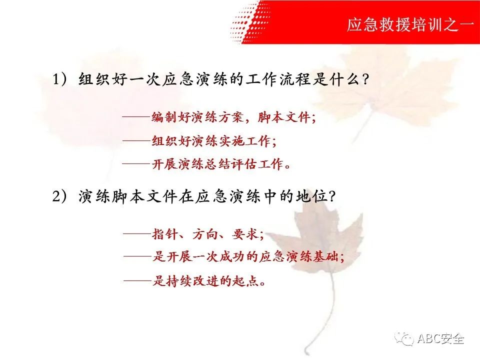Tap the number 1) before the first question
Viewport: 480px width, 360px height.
pos(59,79)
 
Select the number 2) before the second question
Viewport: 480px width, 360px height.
pos(59,196)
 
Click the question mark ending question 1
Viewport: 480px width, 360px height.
pos(365,79)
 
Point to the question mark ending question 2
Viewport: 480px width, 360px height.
pos(332,196)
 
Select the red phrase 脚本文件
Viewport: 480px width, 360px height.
pos(284,117)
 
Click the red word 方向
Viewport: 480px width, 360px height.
pos(205,234)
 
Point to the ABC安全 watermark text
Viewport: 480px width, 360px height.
pos(440,338)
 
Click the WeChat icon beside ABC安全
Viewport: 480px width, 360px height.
pos(404,338)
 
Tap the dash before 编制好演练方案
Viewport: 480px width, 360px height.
pos(136,117)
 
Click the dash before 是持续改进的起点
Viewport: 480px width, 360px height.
pos(138,280)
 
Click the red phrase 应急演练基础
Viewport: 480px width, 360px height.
pos(298,256)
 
